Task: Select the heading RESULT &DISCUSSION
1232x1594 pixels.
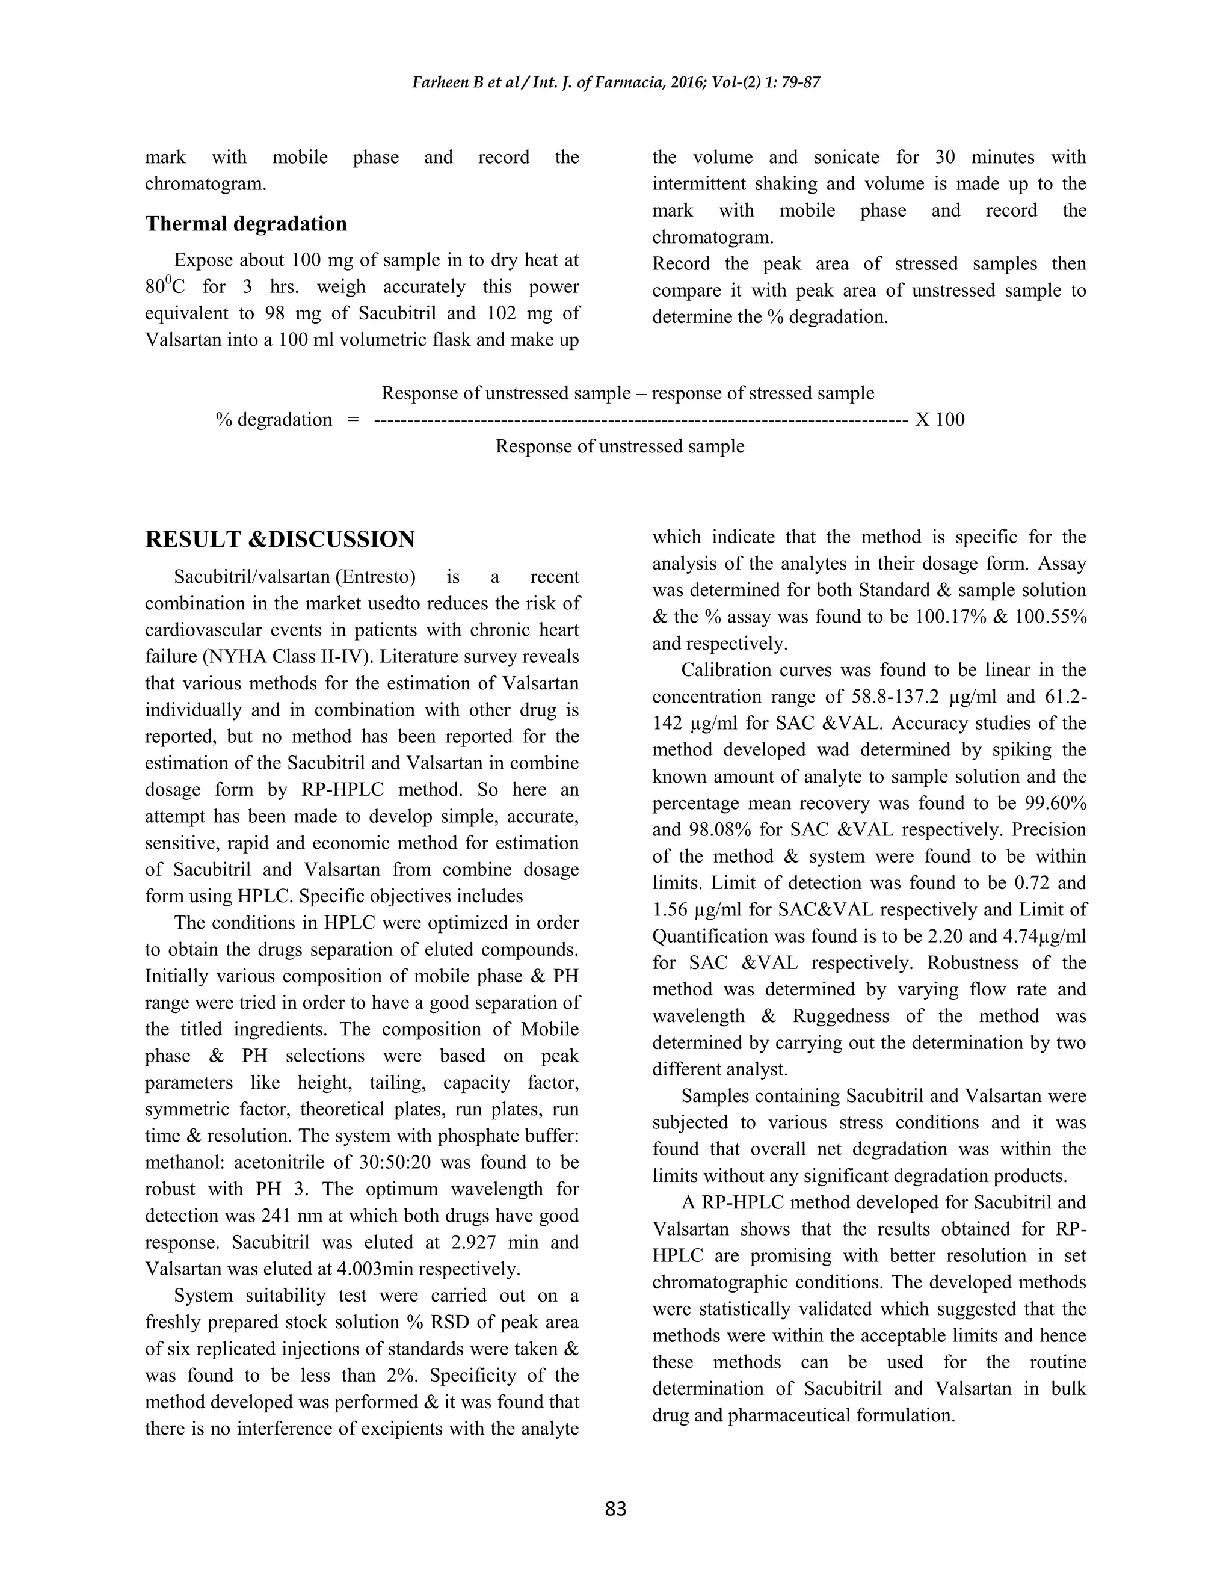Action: coord(280,540)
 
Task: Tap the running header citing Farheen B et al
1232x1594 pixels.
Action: coord(615,82)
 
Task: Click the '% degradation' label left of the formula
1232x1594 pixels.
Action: coord(274,420)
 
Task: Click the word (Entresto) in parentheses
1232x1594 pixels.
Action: coord(375,577)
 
